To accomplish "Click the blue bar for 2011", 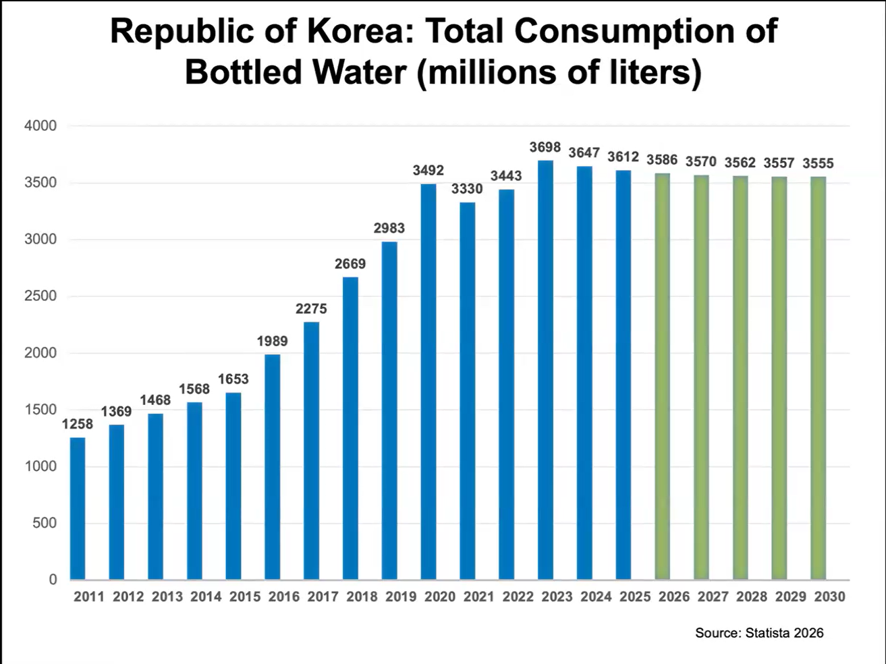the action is click(x=78, y=509).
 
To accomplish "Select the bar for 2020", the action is click(x=428, y=382).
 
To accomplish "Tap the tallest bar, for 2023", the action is click(x=545, y=370).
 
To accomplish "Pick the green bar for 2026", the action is click(x=663, y=377).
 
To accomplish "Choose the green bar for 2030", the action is click(x=819, y=378).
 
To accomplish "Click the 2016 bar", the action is click(x=273, y=467).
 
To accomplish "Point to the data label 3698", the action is click(x=545, y=148).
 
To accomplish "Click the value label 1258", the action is click(x=78, y=424).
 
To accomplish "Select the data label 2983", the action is click(x=389, y=229).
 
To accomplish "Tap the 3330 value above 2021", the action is click(x=467, y=189).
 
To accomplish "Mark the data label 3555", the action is click(x=819, y=163).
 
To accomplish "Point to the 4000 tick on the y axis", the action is click(x=40, y=126).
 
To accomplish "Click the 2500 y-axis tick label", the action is click(x=40, y=296).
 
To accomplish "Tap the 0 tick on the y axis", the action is click(x=53, y=580).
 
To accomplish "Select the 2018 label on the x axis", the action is click(x=362, y=597).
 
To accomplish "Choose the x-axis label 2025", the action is click(x=636, y=597).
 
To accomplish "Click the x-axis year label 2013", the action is click(x=167, y=597).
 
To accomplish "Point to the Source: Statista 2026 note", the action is click(x=759, y=633).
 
